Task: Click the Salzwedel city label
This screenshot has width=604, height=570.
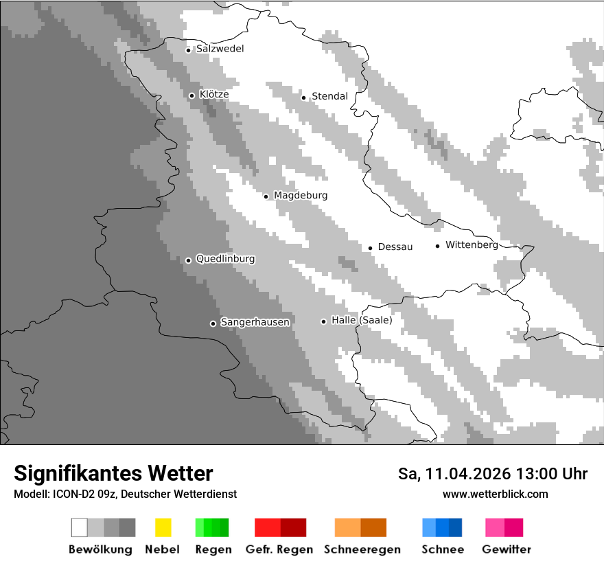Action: click(220, 49)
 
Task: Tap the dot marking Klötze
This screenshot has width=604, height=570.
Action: click(192, 95)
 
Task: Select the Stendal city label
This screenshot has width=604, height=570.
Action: click(329, 96)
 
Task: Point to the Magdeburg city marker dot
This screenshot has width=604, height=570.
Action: click(266, 196)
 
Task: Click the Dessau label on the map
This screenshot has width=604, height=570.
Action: click(395, 247)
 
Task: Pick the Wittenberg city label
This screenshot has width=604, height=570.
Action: click(472, 245)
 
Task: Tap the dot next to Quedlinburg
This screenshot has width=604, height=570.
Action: click(188, 260)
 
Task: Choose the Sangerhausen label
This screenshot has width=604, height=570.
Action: click(255, 322)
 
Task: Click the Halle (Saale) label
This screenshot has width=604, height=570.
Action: click(362, 321)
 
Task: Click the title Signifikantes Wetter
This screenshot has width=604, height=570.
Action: click(113, 473)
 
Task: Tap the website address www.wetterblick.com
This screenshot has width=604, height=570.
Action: click(495, 494)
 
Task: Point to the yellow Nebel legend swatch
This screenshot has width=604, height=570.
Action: click(163, 527)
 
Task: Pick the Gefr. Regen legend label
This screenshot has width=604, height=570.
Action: click(279, 549)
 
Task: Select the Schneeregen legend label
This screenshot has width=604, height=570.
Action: click(362, 549)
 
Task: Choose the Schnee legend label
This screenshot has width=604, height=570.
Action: click(443, 549)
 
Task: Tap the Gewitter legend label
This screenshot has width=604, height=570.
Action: click(507, 549)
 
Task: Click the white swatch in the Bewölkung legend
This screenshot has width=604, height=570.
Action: click(79, 527)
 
